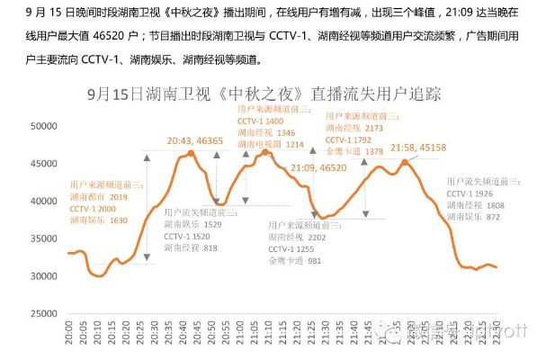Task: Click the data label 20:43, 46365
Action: (x=195, y=141)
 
